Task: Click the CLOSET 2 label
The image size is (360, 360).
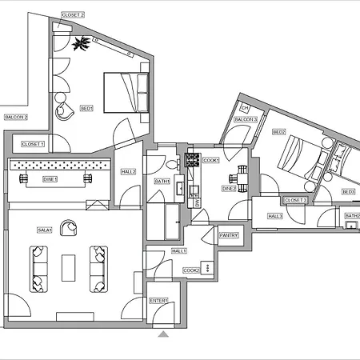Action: coord(72,14)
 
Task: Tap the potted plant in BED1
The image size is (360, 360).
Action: coord(80,45)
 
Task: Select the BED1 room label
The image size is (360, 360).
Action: coord(87,108)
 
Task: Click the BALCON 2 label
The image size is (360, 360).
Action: coord(16,117)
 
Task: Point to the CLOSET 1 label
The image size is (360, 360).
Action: coord(33,144)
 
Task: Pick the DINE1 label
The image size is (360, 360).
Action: coord(50,179)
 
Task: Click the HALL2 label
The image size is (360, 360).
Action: coord(128,172)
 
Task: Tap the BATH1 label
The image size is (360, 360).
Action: coord(162,182)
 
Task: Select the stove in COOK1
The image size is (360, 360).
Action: coord(193,159)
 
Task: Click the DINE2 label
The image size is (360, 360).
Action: coord(229,189)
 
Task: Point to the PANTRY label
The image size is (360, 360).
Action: coord(229,235)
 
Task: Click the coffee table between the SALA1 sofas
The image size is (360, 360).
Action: coord(69,267)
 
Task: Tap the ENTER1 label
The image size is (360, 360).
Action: coord(159,301)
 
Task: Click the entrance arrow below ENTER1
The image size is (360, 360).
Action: coord(164,334)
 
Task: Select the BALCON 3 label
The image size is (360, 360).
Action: coord(246,119)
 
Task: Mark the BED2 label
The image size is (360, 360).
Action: coord(279,132)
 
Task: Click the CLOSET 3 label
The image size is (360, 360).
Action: coord(295,200)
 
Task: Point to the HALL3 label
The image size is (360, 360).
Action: coord(275,216)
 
